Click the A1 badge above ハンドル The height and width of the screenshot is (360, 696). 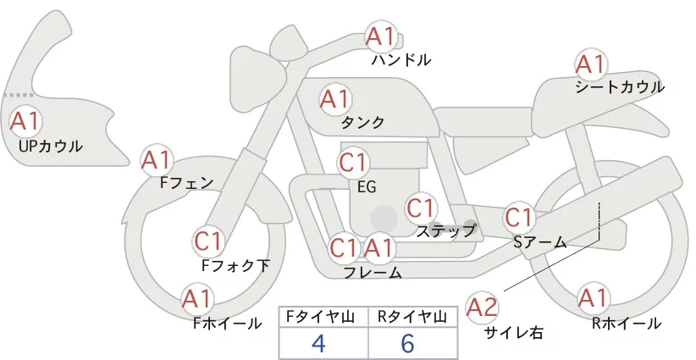(381, 37)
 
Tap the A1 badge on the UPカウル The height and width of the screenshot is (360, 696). (25, 122)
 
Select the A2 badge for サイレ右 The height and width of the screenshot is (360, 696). (482, 307)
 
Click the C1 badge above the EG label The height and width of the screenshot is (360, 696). (353, 163)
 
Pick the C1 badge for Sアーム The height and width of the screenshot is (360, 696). (518, 218)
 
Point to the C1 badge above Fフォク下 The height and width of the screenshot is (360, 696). (207, 242)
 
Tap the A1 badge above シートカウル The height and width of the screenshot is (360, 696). (591, 65)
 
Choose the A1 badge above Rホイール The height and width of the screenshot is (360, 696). (593, 299)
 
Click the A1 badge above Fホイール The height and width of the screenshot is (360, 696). (196, 300)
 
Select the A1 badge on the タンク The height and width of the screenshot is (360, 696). (335, 99)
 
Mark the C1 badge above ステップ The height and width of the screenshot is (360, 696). (421, 208)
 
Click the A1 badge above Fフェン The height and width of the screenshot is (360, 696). (157, 160)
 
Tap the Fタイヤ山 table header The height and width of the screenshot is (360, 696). (320, 317)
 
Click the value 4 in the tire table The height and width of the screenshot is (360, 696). (318, 343)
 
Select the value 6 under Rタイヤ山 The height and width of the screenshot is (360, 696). (407, 343)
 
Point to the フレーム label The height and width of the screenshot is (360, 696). (373, 273)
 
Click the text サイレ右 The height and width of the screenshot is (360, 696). (514, 333)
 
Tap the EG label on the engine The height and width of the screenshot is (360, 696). (367, 187)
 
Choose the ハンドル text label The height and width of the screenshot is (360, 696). (401, 59)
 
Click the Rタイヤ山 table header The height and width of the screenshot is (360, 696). (412, 317)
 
